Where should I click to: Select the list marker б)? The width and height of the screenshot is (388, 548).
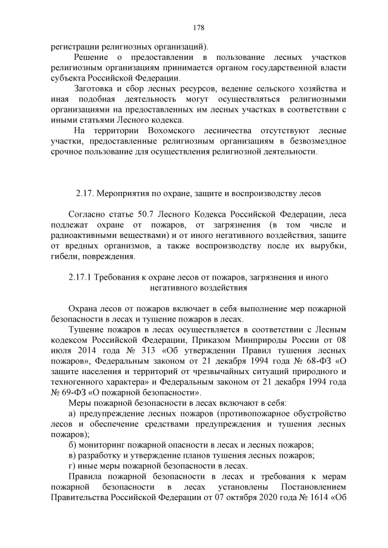click(72, 444)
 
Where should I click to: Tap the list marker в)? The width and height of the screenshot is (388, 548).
click(72, 455)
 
